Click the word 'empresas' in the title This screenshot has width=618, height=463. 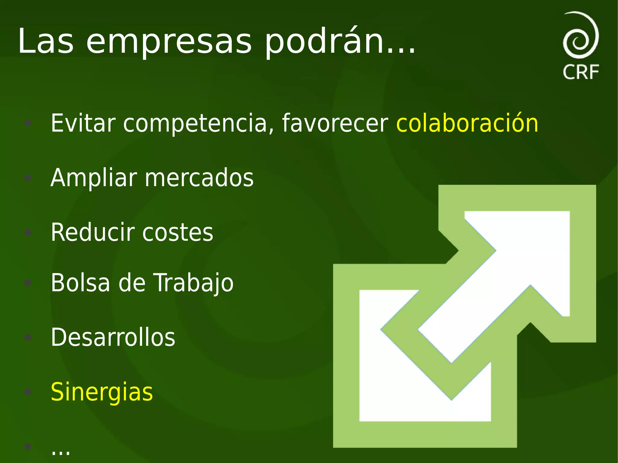(x=169, y=42)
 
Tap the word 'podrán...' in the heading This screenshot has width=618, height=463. (x=340, y=42)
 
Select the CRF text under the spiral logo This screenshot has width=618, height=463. (x=581, y=72)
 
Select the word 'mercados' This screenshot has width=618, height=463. (x=199, y=178)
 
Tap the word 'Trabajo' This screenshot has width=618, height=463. (x=194, y=283)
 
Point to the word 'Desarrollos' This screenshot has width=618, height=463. (x=113, y=337)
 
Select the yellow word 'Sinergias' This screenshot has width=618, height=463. (x=102, y=392)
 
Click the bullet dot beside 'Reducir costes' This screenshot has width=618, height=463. (x=28, y=232)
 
